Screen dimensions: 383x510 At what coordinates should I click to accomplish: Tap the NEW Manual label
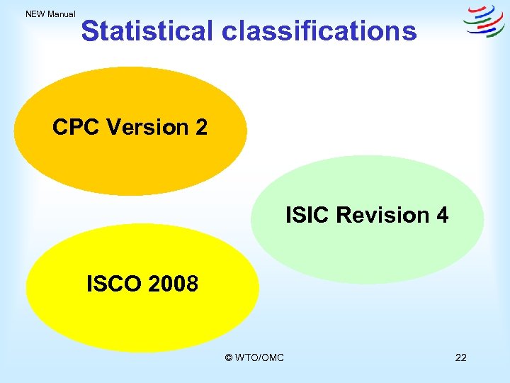tap(50, 13)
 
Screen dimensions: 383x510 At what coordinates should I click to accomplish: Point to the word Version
tap(145, 127)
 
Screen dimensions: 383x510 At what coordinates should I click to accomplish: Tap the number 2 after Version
tap(201, 127)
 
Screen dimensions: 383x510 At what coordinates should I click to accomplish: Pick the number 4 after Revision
tap(442, 215)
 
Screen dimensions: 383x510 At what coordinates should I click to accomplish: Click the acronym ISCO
tap(114, 284)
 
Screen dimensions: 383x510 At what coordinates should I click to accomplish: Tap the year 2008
tap(174, 284)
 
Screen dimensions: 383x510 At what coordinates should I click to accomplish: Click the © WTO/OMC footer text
tap(254, 357)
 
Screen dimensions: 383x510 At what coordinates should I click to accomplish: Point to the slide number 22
tap(460, 357)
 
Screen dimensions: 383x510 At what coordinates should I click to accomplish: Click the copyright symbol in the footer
tap(228, 357)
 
